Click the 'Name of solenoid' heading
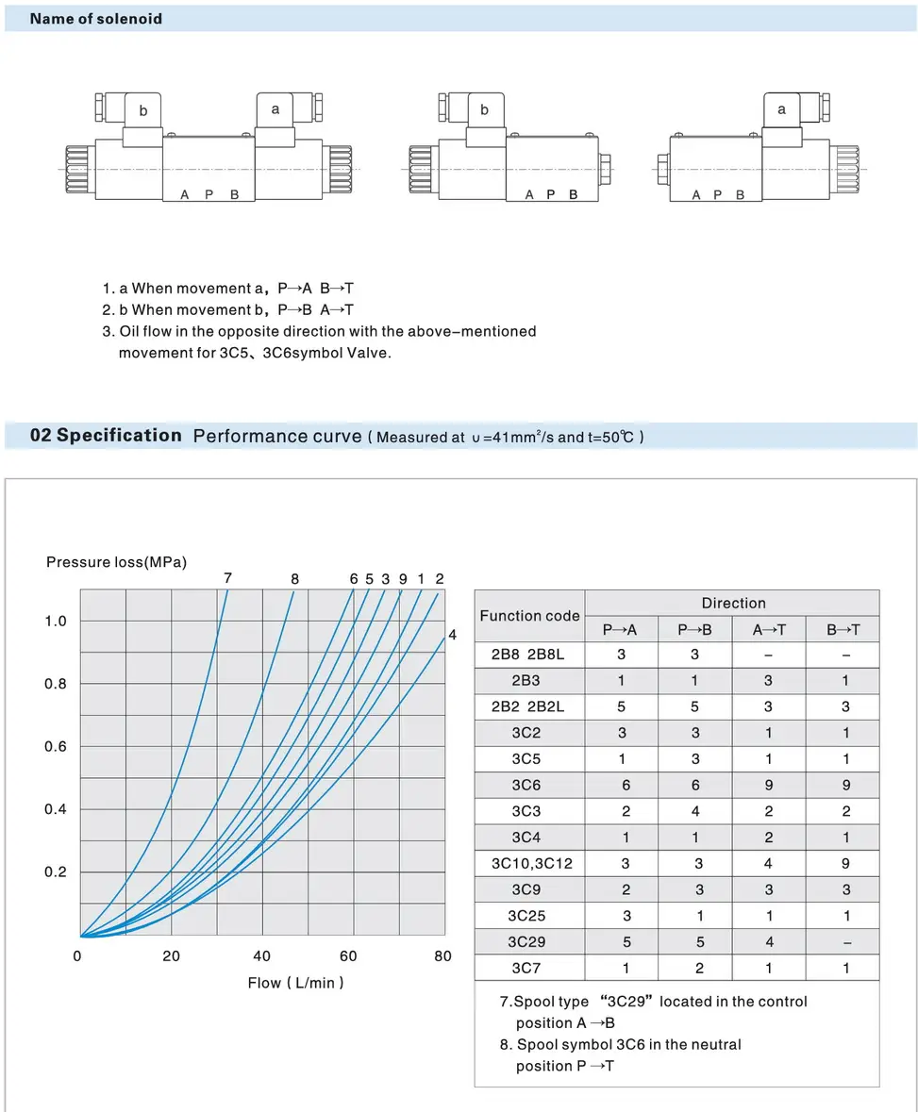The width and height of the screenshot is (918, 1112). (96, 19)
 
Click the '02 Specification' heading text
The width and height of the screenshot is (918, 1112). (106, 435)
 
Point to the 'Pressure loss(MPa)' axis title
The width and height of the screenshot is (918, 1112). (117, 562)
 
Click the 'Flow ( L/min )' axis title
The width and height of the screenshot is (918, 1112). (296, 983)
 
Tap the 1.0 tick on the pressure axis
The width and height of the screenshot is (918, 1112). (57, 621)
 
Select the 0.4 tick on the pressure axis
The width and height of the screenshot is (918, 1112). (57, 809)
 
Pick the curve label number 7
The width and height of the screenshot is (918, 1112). (228, 578)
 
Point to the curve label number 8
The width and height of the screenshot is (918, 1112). (294, 579)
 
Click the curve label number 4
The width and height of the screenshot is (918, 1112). (452, 635)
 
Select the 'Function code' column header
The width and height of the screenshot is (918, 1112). (529, 616)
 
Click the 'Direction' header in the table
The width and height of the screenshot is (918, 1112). (733, 604)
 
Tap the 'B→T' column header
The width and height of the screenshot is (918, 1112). (843, 630)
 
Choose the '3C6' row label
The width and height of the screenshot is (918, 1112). (528, 785)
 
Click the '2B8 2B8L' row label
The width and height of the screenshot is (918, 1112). (528, 655)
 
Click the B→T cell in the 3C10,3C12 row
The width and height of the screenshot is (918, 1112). (843, 863)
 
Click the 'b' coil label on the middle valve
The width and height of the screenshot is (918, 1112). (484, 109)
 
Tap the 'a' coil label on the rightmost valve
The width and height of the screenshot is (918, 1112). (781, 109)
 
